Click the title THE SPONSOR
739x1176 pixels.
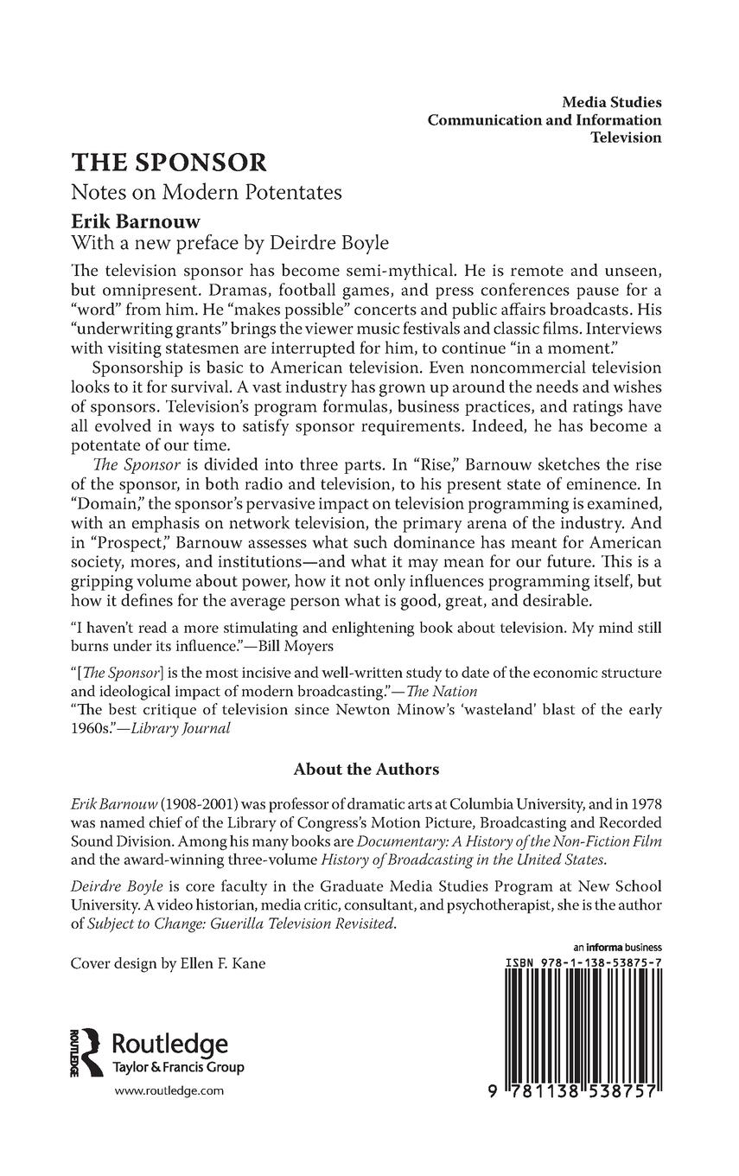click(x=169, y=163)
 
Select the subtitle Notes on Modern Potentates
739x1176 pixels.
click(x=207, y=192)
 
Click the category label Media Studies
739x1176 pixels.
click(x=611, y=103)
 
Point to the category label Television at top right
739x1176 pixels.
click(x=626, y=137)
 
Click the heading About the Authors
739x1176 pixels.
click(x=366, y=769)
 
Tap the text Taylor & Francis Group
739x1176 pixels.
click(x=179, y=1067)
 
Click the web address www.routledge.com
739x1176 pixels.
click(x=169, y=1091)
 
